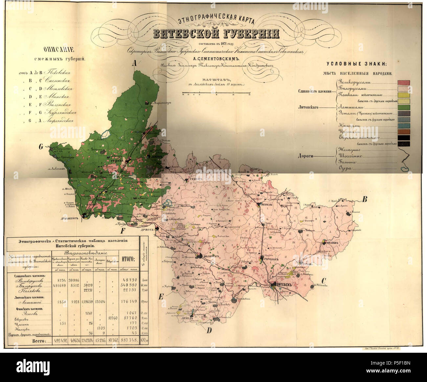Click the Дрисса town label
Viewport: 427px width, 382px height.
point(147,230)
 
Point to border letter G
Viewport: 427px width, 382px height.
point(41,147)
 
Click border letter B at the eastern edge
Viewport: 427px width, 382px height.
point(364,199)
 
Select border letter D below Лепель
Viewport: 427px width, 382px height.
point(209,330)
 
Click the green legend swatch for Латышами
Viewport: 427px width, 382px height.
point(404,107)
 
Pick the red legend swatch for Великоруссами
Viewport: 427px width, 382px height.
point(404,83)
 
